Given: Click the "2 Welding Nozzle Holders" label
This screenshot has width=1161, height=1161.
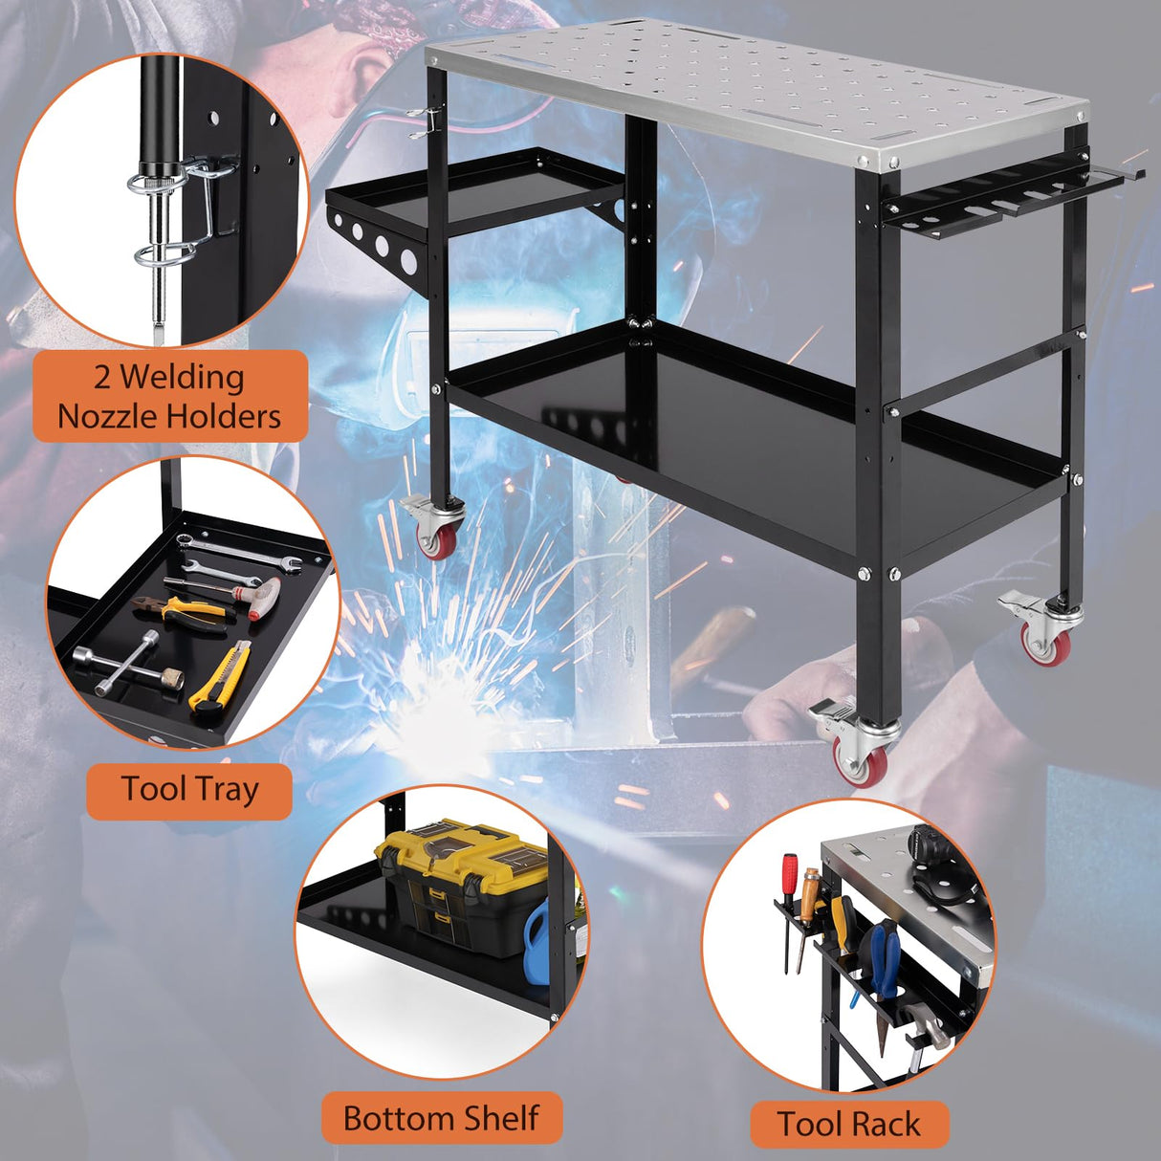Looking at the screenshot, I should [169, 396].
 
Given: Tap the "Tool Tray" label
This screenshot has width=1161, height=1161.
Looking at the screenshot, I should [189, 790].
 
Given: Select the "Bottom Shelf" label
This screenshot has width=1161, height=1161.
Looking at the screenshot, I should [441, 1118].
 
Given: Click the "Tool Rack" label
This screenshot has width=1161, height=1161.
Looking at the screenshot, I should [848, 1124].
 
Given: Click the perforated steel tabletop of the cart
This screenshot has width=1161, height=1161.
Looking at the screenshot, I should [756, 96].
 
